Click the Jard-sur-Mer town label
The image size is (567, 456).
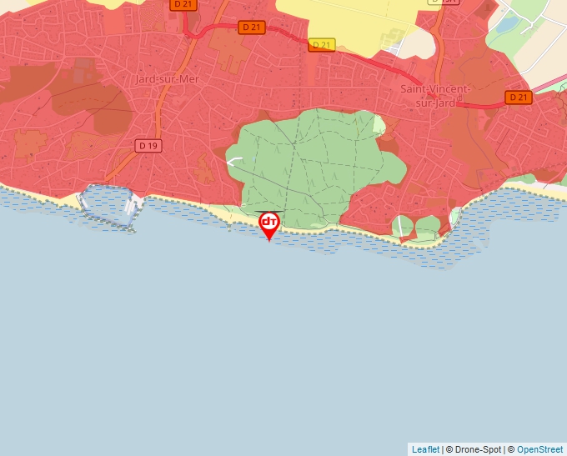[x=168, y=79]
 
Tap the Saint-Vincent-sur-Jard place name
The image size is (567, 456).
[x=435, y=95]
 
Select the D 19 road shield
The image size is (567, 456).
[x=148, y=146]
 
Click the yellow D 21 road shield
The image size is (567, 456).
[x=321, y=44]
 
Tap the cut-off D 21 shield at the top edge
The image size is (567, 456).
[x=182, y=4]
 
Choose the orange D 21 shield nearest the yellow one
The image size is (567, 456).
[x=251, y=28]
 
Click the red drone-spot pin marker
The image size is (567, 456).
[x=269, y=223]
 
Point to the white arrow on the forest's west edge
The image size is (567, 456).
[x=235, y=162]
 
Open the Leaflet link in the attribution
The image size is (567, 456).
[x=425, y=449]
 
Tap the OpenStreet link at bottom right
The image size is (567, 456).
[x=539, y=449]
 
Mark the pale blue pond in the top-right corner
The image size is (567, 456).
[x=506, y=24]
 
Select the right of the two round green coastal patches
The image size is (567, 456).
[x=427, y=225]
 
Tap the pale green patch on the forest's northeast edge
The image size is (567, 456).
[x=379, y=125]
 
